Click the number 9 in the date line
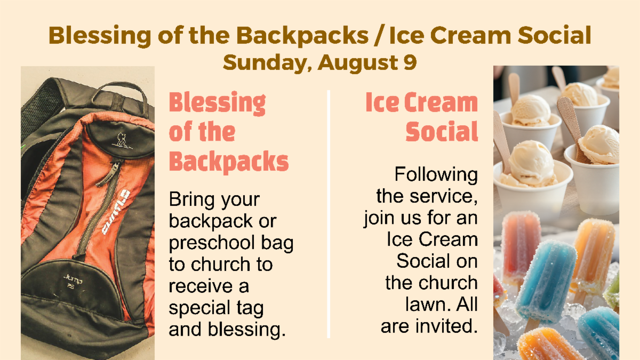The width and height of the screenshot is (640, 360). (410, 62)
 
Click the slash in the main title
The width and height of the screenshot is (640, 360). (379, 35)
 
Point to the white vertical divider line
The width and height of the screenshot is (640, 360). (329, 214)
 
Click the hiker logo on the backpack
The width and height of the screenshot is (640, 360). (122, 141)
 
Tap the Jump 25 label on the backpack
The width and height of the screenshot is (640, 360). (73, 281)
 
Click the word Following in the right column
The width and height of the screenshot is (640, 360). (436, 174)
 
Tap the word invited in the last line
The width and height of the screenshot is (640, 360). (446, 326)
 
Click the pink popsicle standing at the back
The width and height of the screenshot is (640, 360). (521, 246)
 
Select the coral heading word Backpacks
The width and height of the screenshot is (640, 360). (229, 162)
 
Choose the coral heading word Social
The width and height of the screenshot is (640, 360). (442, 131)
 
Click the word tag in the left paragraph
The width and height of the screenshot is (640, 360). (250, 309)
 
